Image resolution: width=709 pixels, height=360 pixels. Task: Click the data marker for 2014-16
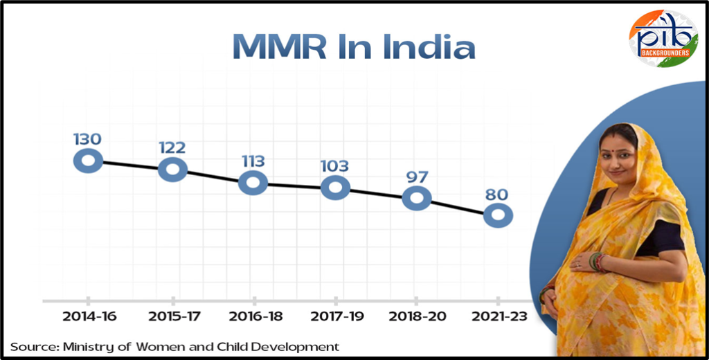[89, 161]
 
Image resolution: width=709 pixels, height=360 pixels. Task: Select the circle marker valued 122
[172, 168]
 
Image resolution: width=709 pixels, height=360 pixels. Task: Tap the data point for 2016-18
[253, 183]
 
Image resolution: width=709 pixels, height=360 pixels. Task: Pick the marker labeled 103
[335, 187]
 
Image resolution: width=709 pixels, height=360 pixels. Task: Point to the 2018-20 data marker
[417, 198]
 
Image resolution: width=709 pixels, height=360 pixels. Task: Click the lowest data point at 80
[498, 215]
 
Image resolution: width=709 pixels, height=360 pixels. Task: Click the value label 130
[87, 138]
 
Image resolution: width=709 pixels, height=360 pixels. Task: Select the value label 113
[253, 161]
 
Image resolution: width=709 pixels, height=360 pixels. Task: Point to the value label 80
[497, 195]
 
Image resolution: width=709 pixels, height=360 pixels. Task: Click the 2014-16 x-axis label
[89, 317]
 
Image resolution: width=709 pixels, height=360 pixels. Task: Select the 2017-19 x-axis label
[335, 317]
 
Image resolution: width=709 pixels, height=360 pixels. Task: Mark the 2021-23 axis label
[499, 317]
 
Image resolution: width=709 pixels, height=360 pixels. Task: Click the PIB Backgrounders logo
[663, 38]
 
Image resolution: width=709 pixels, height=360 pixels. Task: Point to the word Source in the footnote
[31, 346]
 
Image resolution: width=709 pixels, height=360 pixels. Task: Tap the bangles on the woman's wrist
[595, 261]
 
